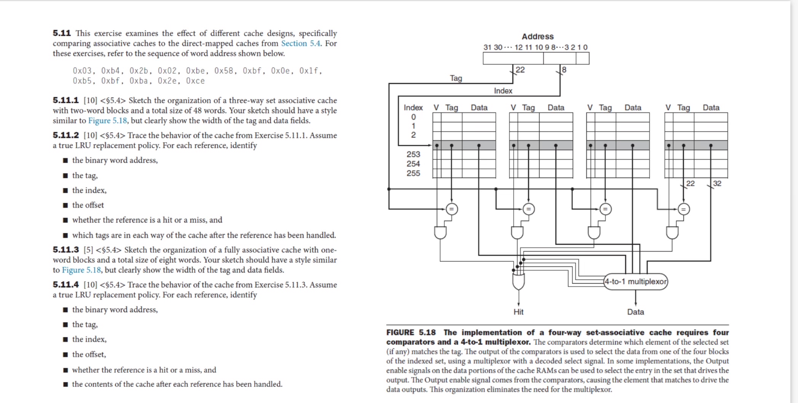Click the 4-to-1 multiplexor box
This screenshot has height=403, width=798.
pos(635,282)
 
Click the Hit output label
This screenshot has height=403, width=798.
pos(518,312)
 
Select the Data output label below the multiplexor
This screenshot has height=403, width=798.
pos(635,312)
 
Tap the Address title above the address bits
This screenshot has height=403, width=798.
pos(537,37)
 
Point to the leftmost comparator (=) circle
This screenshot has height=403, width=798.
pos(452,209)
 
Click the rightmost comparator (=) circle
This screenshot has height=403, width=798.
pos(683,209)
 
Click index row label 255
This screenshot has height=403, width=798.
pos(413,173)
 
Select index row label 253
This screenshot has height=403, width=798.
pos(413,154)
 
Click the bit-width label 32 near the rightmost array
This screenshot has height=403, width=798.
pos(717,183)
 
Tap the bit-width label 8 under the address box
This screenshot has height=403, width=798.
pos(564,70)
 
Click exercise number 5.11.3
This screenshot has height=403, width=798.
pos(65,250)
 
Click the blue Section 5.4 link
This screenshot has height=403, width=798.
pos(300,43)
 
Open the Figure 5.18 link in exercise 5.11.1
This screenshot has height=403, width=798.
pos(107,120)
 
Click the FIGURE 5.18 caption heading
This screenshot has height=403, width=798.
pos(411,332)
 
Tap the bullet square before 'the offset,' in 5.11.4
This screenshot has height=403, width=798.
pos(65,355)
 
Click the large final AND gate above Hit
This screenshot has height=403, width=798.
pos(518,281)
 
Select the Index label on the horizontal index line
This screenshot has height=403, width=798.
pos(503,91)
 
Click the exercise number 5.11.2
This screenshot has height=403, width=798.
pos(65,135)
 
